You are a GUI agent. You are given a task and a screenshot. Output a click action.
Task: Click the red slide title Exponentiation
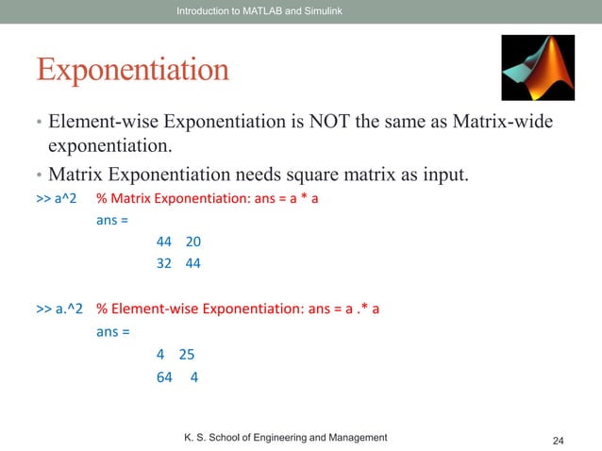[132, 70]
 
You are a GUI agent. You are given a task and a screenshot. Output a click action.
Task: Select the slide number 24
[558, 441]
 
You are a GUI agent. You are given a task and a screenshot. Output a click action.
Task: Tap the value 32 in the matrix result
[164, 264]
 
